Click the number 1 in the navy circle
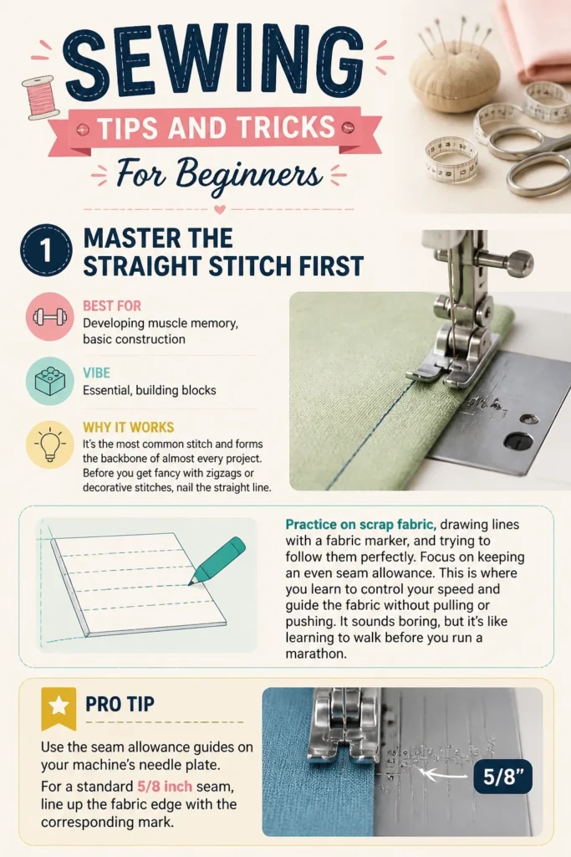click(x=47, y=250)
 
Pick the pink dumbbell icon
click(x=49, y=316)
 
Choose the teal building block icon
click(x=49, y=381)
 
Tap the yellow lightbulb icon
click(x=49, y=444)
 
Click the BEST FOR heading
click(x=112, y=305)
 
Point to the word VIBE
click(x=97, y=372)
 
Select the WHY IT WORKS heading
click(x=128, y=427)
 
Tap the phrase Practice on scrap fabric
click(x=360, y=524)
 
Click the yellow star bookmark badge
click(x=59, y=708)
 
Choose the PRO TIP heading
click(x=120, y=704)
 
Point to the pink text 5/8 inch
click(x=165, y=787)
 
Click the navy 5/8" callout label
click(x=502, y=776)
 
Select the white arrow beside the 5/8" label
click(x=446, y=774)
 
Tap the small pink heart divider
click(x=220, y=209)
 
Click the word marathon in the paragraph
click(x=315, y=654)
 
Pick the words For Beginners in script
click(x=219, y=174)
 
